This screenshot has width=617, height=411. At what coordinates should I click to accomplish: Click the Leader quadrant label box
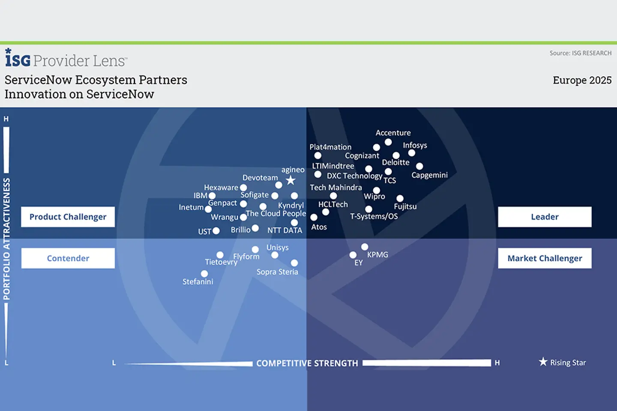pyautogui.click(x=544, y=217)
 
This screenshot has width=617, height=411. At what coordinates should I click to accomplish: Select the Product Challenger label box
pyautogui.click(x=68, y=217)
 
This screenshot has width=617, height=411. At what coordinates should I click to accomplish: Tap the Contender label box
pyautogui.click(x=68, y=258)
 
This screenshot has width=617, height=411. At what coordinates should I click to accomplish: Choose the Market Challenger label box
pyautogui.click(x=544, y=258)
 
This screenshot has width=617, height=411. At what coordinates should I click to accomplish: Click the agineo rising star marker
pyautogui.click(x=291, y=180)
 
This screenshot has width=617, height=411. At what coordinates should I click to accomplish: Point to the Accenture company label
pyautogui.click(x=393, y=133)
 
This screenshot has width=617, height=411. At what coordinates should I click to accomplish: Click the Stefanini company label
pyautogui.click(x=198, y=282)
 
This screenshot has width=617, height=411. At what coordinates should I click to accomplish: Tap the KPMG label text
pyautogui.click(x=377, y=254)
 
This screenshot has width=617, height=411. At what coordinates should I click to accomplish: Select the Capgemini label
pyautogui.click(x=429, y=175)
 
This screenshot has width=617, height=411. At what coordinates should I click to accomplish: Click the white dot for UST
pyautogui.click(x=216, y=231)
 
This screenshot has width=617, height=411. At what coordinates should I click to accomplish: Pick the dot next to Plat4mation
pyautogui.click(x=317, y=156)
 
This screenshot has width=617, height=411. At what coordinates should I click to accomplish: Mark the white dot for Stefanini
pyautogui.click(x=204, y=274)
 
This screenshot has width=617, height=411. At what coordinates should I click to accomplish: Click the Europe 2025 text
pyautogui.click(x=582, y=80)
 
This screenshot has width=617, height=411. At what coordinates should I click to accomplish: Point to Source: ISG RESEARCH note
pyautogui.click(x=580, y=53)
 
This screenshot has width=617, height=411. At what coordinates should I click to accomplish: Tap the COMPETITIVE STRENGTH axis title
pyautogui.click(x=307, y=363)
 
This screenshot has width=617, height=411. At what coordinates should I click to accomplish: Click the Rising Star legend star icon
pyautogui.click(x=543, y=362)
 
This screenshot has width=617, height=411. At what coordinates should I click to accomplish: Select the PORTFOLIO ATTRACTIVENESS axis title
pyautogui.click(x=6, y=238)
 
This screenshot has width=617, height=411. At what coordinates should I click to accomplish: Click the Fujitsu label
pyautogui.click(x=405, y=206)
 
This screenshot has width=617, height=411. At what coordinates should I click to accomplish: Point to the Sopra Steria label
pyautogui.click(x=277, y=272)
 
